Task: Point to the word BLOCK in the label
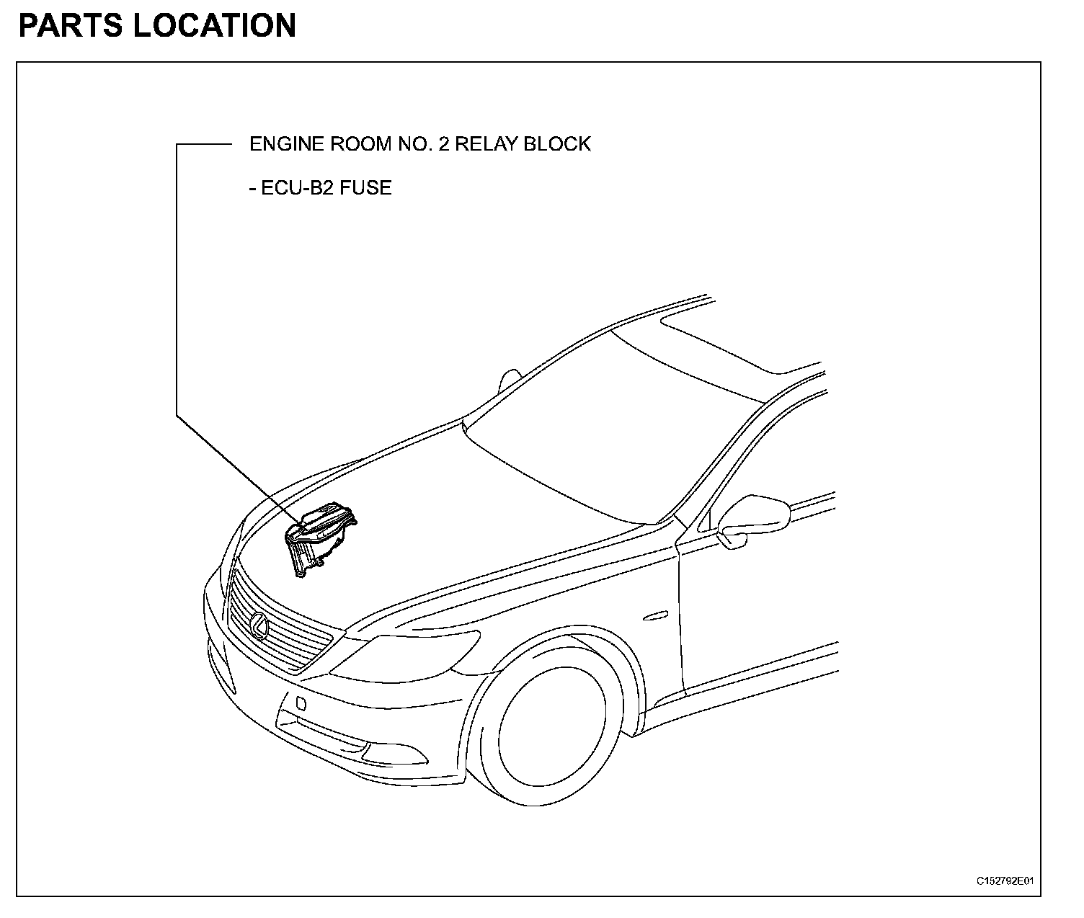pyautogui.click(x=557, y=144)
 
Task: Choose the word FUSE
pyautogui.click(x=367, y=188)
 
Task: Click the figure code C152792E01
pyautogui.click(x=1005, y=881)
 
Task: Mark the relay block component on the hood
pyautogui.click(x=320, y=536)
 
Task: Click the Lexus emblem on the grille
pyautogui.click(x=259, y=625)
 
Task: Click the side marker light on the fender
pyautogui.click(x=655, y=616)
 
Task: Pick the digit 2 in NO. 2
pyautogui.click(x=438, y=144)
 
